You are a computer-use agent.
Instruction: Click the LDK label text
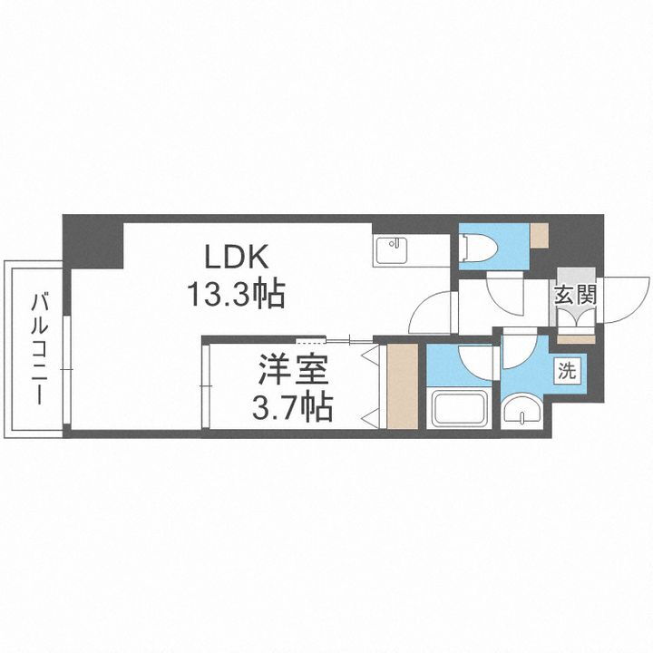(x=235, y=258)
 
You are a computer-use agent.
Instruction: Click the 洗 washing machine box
(x=566, y=370)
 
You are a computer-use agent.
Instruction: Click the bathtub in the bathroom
(x=461, y=408)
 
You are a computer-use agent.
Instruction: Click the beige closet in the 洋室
(x=400, y=385)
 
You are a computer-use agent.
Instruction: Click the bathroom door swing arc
(x=476, y=363)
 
